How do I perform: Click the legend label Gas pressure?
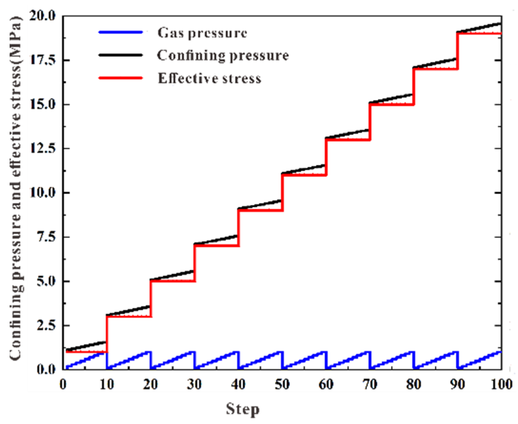[202, 33]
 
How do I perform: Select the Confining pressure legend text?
[223, 56]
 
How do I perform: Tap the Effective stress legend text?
[209, 78]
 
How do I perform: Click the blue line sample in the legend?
[121, 32]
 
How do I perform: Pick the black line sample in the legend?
[121, 55]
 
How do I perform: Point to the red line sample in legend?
[121, 78]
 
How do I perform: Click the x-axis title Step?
[243, 409]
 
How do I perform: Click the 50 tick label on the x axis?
[282, 385]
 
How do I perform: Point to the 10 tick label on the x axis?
[107, 385]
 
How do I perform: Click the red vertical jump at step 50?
[282, 192]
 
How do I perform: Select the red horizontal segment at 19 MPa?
[479, 33]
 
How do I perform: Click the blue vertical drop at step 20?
[151, 360]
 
